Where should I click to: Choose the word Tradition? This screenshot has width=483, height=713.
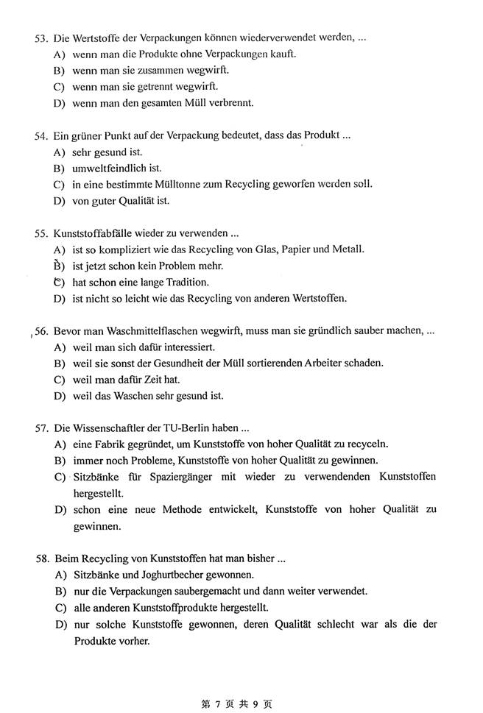(183, 282)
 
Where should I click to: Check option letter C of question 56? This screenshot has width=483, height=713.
(59, 380)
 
